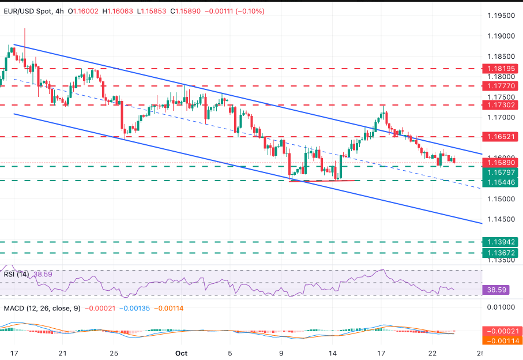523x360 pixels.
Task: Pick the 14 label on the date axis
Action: click(333, 352)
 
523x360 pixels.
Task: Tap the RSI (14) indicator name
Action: click(17, 274)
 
